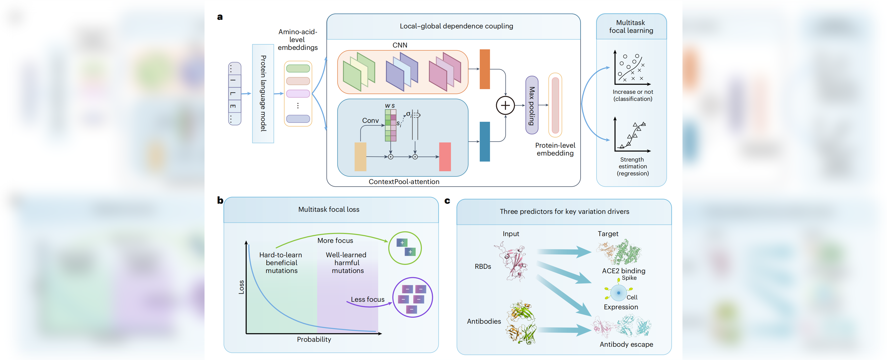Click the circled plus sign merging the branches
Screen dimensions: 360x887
coord(505,105)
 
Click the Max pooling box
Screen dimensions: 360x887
coord(532,105)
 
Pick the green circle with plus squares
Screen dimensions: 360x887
coord(405,248)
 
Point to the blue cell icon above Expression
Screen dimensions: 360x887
coord(618,293)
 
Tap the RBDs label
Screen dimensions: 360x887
coord(483,266)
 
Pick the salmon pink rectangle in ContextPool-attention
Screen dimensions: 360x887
coord(445,157)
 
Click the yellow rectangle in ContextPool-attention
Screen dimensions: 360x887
coord(360,157)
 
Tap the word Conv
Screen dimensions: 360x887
coord(370,120)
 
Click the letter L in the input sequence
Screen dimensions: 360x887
coord(233,93)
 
